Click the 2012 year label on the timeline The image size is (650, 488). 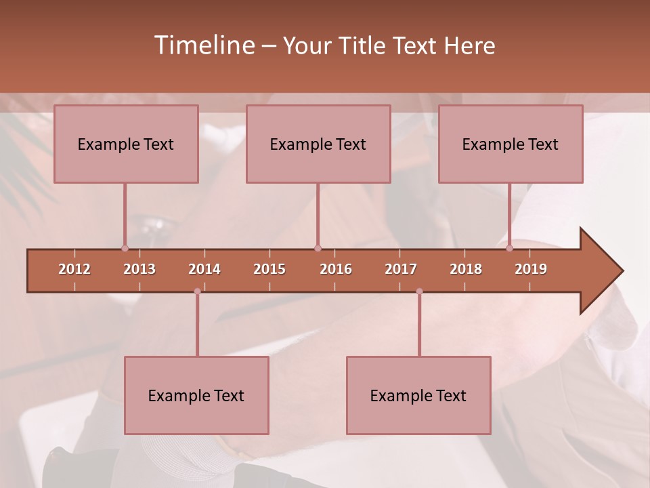74,269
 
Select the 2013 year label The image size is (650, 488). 139,269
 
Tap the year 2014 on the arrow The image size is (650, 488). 204,269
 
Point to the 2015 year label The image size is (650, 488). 269,269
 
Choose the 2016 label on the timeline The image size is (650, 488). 336,269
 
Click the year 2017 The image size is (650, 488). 401,269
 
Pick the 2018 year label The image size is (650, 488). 466,269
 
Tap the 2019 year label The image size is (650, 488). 531,269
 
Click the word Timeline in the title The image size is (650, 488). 204,45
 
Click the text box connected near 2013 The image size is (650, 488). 126,144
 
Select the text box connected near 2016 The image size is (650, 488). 318,144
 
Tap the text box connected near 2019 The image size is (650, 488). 511,144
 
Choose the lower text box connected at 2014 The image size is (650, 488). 196,395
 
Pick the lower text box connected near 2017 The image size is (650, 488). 418,395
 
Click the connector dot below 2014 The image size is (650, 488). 197,291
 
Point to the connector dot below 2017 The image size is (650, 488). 419,291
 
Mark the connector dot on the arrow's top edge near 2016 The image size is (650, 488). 318,248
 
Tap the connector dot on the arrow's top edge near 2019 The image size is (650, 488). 509,248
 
